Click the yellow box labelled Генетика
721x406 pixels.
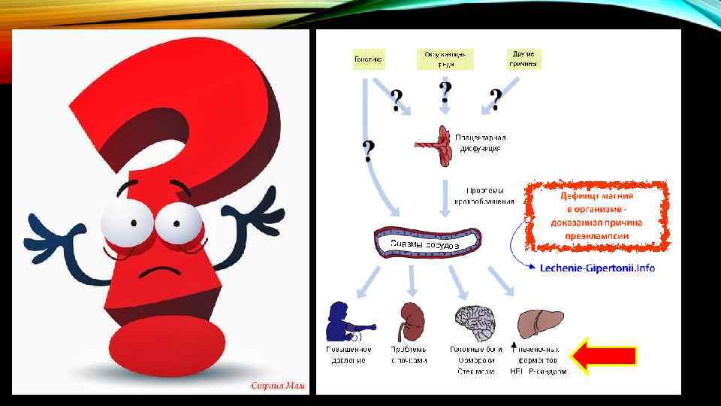coord(369,59)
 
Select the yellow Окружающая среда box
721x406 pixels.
coord(445,59)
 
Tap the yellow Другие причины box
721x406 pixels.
coord(523,59)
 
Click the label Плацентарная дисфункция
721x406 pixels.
coord(481,143)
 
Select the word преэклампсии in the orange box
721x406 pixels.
coord(598,236)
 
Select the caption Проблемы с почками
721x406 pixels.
coord(408,355)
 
